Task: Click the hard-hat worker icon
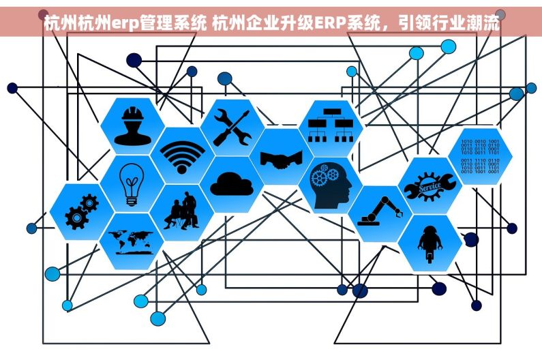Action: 132,126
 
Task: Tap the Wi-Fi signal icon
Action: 182,157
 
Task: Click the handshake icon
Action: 282,160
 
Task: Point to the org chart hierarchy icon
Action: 331,125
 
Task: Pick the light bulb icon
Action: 132,185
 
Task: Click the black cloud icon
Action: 232,184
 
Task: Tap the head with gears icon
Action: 331,185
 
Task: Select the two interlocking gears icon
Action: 82,211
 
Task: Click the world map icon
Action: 131,242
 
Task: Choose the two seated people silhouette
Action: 182,211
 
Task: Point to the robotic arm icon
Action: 380,211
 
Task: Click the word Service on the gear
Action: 430,187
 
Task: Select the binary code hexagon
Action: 480,156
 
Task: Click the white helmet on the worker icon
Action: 133,113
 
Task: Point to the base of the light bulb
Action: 132,201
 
